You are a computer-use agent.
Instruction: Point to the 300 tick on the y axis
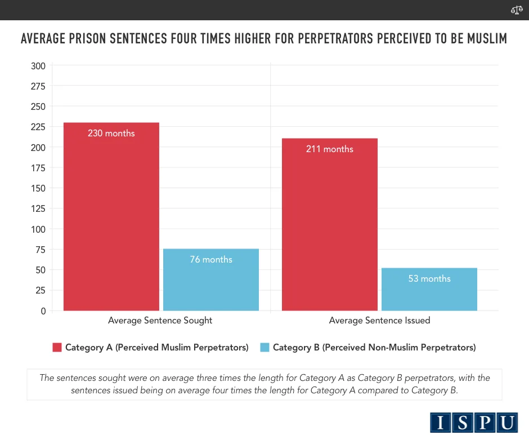pos(38,66)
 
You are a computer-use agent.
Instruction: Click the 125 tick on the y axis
pos(38,208)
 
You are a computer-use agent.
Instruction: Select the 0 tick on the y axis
pos(43,311)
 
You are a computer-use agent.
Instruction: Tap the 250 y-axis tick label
pos(38,106)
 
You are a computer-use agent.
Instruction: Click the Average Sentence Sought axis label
pos(160,321)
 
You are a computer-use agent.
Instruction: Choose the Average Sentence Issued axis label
pos(379,321)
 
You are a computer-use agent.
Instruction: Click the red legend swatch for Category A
pos(57,348)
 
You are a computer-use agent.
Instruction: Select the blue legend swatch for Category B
pos(264,348)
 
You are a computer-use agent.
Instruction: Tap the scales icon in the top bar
pos(516,10)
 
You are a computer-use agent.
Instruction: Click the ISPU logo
pos(474,423)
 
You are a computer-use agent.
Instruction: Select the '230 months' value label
pos(111,134)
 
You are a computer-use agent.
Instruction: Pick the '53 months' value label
pos(429,279)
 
